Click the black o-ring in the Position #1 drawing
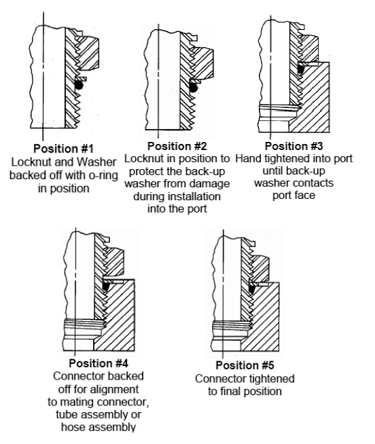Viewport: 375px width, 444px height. coord(80,86)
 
